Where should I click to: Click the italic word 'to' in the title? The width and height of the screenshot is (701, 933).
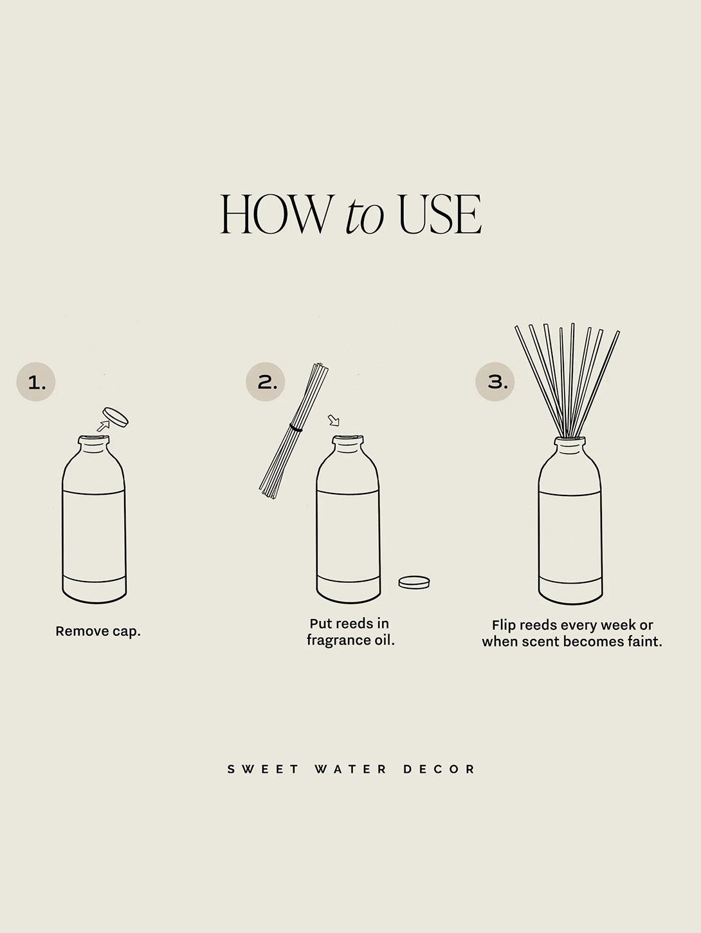coord(365,216)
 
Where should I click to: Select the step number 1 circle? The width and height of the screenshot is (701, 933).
coord(36,382)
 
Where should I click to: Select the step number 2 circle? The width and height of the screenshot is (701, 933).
coord(266,382)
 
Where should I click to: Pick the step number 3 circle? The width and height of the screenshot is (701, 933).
coord(495,382)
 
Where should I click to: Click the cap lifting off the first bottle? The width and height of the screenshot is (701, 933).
coord(116,416)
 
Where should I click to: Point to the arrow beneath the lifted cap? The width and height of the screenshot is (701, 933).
coord(102,425)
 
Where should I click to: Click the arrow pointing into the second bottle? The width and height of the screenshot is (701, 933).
coord(333,421)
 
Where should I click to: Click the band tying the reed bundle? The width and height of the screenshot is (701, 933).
coord(296,427)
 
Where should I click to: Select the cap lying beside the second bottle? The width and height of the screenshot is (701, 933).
coord(414,582)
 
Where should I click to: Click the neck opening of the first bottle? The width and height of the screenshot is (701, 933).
coord(95,439)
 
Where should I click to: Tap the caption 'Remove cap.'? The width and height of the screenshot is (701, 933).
coord(98,631)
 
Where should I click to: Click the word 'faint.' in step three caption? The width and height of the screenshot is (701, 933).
coord(642,642)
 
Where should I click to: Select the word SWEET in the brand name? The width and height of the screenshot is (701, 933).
coord(264,769)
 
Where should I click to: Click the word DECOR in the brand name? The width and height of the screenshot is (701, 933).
coord(439,769)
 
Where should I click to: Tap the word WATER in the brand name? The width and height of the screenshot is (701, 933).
coord(351,769)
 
